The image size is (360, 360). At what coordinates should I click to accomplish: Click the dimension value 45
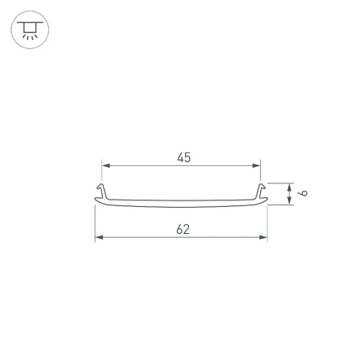pyautogui.click(x=183, y=156)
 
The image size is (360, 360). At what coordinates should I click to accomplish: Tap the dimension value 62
pyautogui.click(x=183, y=229)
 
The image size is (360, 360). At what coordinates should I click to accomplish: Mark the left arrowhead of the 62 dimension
pyautogui.click(x=98, y=238)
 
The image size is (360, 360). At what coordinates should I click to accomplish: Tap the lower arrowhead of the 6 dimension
pyautogui.click(x=288, y=201)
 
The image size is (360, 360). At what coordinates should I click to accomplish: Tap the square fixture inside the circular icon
pyautogui.click(x=29, y=29)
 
